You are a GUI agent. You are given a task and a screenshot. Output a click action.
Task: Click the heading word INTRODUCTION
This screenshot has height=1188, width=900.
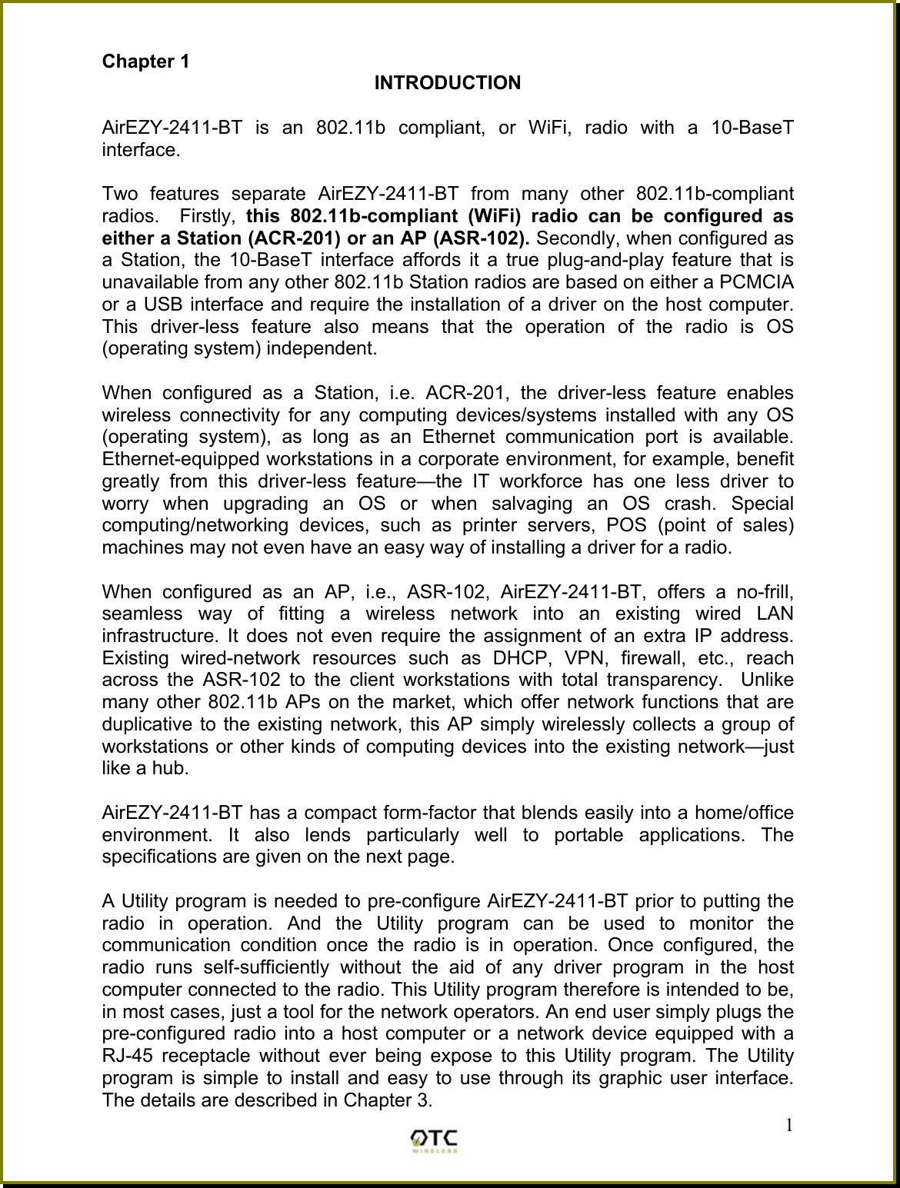pyautogui.click(x=447, y=82)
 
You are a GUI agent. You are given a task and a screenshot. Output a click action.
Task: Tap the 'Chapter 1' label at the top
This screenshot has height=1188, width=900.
pyautogui.click(x=146, y=61)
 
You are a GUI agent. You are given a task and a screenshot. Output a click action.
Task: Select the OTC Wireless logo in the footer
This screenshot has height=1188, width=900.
pyautogui.click(x=435, y=1141)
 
